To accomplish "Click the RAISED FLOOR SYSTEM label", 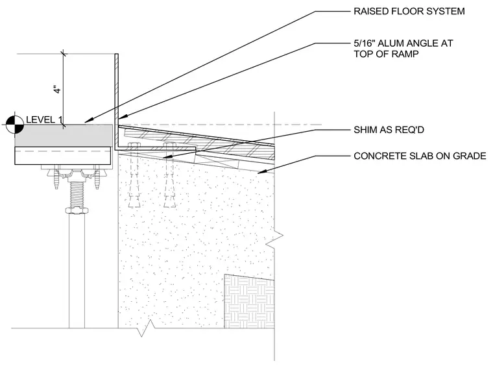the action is pyautogui.click(x=409, y=11).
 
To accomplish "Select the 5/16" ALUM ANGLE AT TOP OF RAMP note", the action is pyautogui.click(x=403, y=49).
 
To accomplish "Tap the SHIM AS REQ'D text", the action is pyautogui.click(x=389, y=130).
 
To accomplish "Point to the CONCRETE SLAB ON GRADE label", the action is pyautogui.click(x=420, y=156).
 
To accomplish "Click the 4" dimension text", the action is pyautogui.click(x=58, y=89).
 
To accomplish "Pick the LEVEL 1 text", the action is pyautogui.click(x=44, y=119).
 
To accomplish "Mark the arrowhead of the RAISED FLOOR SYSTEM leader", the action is pyautogui.click(x=89, y=120).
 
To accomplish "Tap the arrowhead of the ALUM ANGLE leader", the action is pyautogui.click(x=123, y=117).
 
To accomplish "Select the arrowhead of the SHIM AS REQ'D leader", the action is pyautogui.click(x=167, y=156).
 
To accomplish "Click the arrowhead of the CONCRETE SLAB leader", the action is pyautogui.click(x=262, y=171).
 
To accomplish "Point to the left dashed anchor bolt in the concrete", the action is pyautogui.click(x=134, y=175).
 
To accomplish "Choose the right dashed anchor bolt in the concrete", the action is pyautogui.click(x=170, y=175).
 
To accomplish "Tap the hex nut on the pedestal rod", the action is pyautogui.click(x=77, y=210).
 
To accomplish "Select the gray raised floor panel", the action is pyautogui.click(x=64, y=136).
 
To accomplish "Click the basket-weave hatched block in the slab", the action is pyautogui.click(x=249, y=301).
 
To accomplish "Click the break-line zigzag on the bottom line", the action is pyautogui.click(x=147, y=328).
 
